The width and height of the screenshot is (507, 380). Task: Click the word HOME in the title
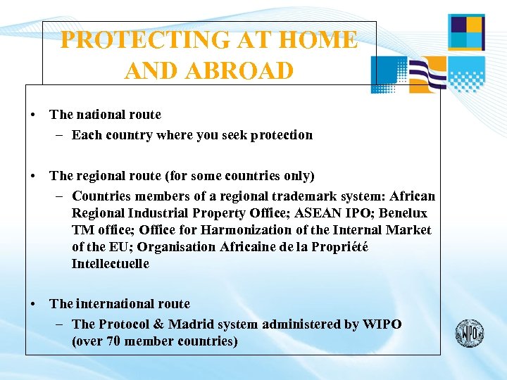(318, 40)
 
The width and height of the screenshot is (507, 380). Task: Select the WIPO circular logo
(469, 333)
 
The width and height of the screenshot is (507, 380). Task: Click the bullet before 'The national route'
(33, 115)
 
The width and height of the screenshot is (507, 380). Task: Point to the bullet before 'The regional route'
(33, 176)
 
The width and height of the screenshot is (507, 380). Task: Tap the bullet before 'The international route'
(33, 304)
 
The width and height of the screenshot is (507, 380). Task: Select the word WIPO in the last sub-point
(382, 324)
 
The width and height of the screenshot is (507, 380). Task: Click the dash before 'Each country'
(61, 135)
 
